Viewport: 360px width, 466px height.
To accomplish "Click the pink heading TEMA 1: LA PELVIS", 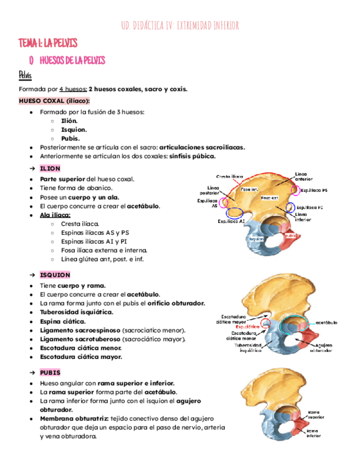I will [x=48, y=43].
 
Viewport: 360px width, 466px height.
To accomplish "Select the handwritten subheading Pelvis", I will [x=25, y=74].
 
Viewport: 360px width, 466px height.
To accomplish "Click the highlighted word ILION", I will [x=50, y=168].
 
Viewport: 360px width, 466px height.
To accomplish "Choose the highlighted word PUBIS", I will [x=51, y=372].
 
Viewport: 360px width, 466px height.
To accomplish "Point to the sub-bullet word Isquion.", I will [x=75, y=130].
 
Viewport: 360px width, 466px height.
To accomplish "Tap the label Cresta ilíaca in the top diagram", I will [x=229, y=176].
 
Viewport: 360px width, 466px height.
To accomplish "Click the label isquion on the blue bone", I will [x=256, y=239].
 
